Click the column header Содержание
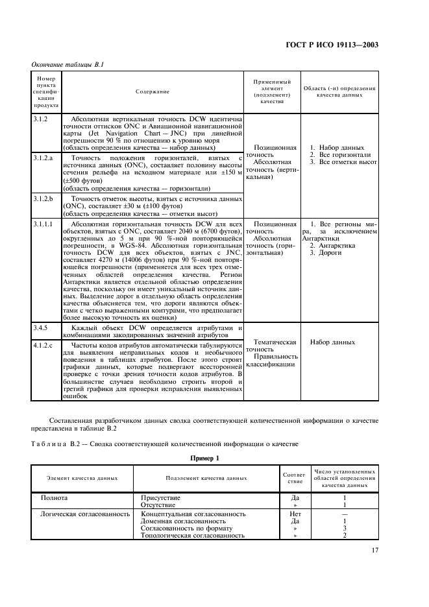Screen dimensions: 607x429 (x=152, y=91)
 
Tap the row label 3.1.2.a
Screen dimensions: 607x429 (x=43, y=158)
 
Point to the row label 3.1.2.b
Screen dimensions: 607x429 (x=43, y=198)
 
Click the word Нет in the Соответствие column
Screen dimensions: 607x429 (x=295, y=514)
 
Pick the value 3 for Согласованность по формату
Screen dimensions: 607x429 (x=344, y=528)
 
